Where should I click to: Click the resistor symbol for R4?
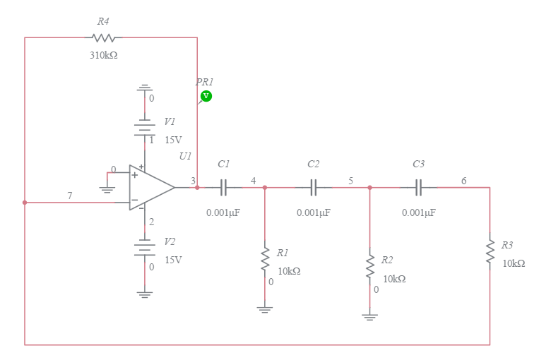(103, 37)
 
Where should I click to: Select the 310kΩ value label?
(103, 55)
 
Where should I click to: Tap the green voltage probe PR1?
(206, 95)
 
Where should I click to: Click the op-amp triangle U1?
(150, 188)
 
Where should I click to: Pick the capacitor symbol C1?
(224, 188)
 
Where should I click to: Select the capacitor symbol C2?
(314, 188)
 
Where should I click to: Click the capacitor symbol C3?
(419, 188)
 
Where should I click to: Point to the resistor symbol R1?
(265, 258)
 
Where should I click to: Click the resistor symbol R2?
(369, 266)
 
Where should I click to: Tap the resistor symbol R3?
(490, 251)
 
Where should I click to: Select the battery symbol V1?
(145, 128)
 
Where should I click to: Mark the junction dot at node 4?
(265, 188)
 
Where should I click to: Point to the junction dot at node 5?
(369, 188)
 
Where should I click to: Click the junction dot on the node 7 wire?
(25, 203)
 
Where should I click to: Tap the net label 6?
(463, 181)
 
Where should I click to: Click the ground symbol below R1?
(265, 308)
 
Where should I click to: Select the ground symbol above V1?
(145, 88)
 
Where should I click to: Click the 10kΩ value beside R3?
(514, 263)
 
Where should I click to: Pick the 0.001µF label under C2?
(313, 212)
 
